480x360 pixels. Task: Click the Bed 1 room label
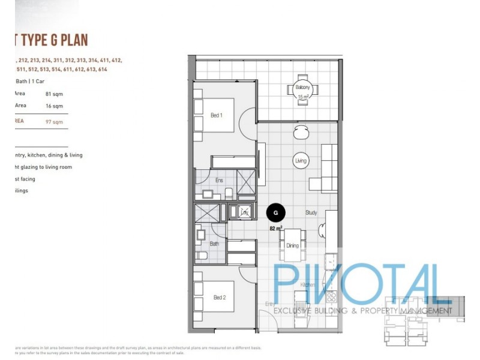[x=217, y=115]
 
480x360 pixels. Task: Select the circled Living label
[x=301, y=161]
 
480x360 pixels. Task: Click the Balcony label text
[x=302, y=88]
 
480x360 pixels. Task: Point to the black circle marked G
[x=275, y=212]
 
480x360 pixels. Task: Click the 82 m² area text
[x=276, y=229]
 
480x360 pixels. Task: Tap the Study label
[x=311, y=212]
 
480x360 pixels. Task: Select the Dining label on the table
[x=292, y=245]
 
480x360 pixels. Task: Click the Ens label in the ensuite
[x=220, y=180]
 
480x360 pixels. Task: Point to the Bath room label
[x=214, y=244]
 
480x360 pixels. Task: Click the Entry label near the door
[x=270, y=304]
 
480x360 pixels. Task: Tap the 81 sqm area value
[x=54, y=94]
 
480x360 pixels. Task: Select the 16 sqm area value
[x=54, y=106]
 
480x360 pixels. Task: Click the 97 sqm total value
[x=54, y=122]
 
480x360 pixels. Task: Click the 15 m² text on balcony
[x=302, y=97]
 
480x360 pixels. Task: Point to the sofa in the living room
[x=330, y=161]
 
